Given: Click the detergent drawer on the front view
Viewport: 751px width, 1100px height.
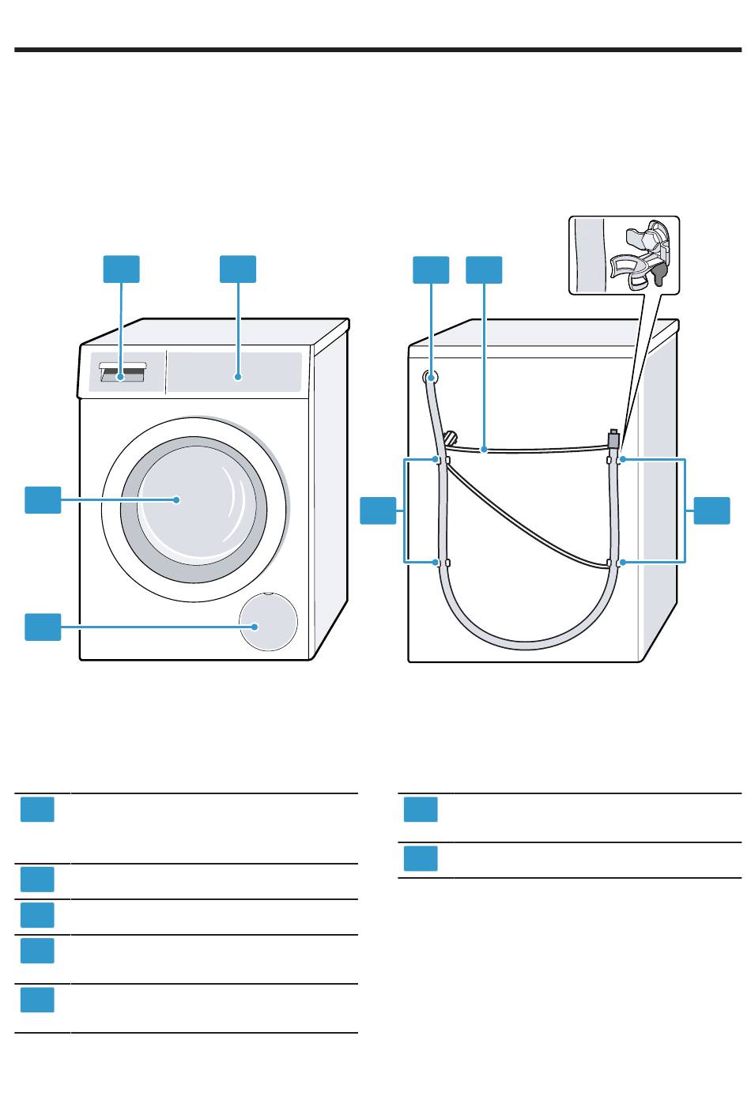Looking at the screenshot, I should (x=123, y=374).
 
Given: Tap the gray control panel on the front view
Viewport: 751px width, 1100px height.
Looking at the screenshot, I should (x=235, y=371).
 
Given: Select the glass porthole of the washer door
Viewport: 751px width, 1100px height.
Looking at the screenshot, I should (x=190, y=499).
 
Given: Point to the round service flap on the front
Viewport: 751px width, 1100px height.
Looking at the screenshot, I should (x=270, y=622).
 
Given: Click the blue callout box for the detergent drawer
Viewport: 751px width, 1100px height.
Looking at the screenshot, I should (x=122, y=269).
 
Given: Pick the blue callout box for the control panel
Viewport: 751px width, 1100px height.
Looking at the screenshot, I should (x=238, y=269).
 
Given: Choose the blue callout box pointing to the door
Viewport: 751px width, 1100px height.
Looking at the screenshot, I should (x=43, y=500).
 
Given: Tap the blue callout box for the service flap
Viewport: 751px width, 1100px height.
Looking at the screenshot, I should (x=43, y=627).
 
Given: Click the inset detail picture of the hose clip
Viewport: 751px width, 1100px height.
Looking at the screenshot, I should (x=624, y=254).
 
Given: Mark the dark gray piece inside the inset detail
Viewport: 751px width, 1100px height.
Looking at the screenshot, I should (x=659, y=273).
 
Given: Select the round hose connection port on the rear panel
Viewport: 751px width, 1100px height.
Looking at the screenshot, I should (x=431, y=377).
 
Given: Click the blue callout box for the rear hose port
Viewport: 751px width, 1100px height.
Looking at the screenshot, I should (x=431, y=269).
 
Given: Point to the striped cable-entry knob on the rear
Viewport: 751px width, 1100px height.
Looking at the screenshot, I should (x=451, y=437).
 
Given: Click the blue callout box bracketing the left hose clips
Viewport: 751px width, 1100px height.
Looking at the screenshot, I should (x=378, y=510).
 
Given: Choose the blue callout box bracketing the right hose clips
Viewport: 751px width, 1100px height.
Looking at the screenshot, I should (x=712, y=510).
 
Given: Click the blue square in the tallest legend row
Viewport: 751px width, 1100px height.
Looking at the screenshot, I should (x=37, y=810).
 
